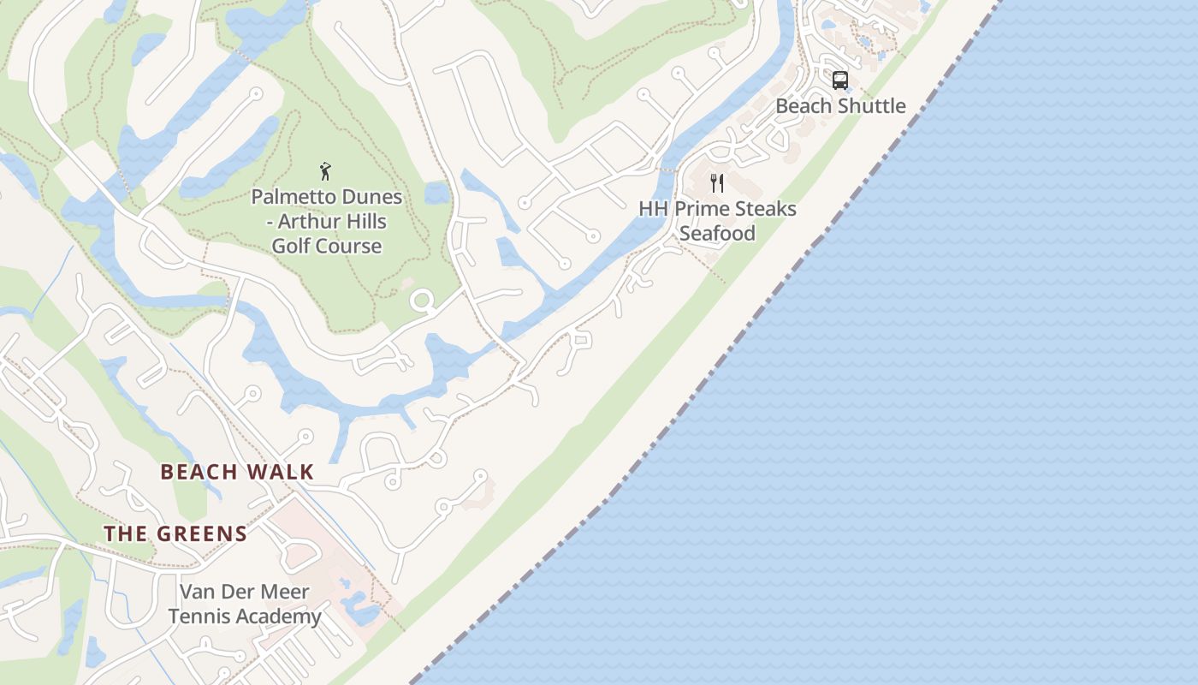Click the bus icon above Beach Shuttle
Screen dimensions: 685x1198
pos(840,80)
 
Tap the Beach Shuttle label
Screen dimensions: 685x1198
pos(840,106)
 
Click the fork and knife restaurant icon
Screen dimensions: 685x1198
pos(717,182)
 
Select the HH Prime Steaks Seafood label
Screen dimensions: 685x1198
pos(717,221)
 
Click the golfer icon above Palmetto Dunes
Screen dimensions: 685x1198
pos(325,170)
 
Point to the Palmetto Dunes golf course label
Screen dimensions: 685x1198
pos(326,221)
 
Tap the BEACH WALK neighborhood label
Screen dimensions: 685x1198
pos(237,472)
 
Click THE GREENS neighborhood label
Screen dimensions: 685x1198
pos(175,534)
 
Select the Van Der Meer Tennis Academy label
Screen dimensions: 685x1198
pos(245,604)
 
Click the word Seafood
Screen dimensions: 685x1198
pos(717,233)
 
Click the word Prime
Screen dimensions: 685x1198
pos(703,209)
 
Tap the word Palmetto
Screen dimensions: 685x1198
pos(288,197)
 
